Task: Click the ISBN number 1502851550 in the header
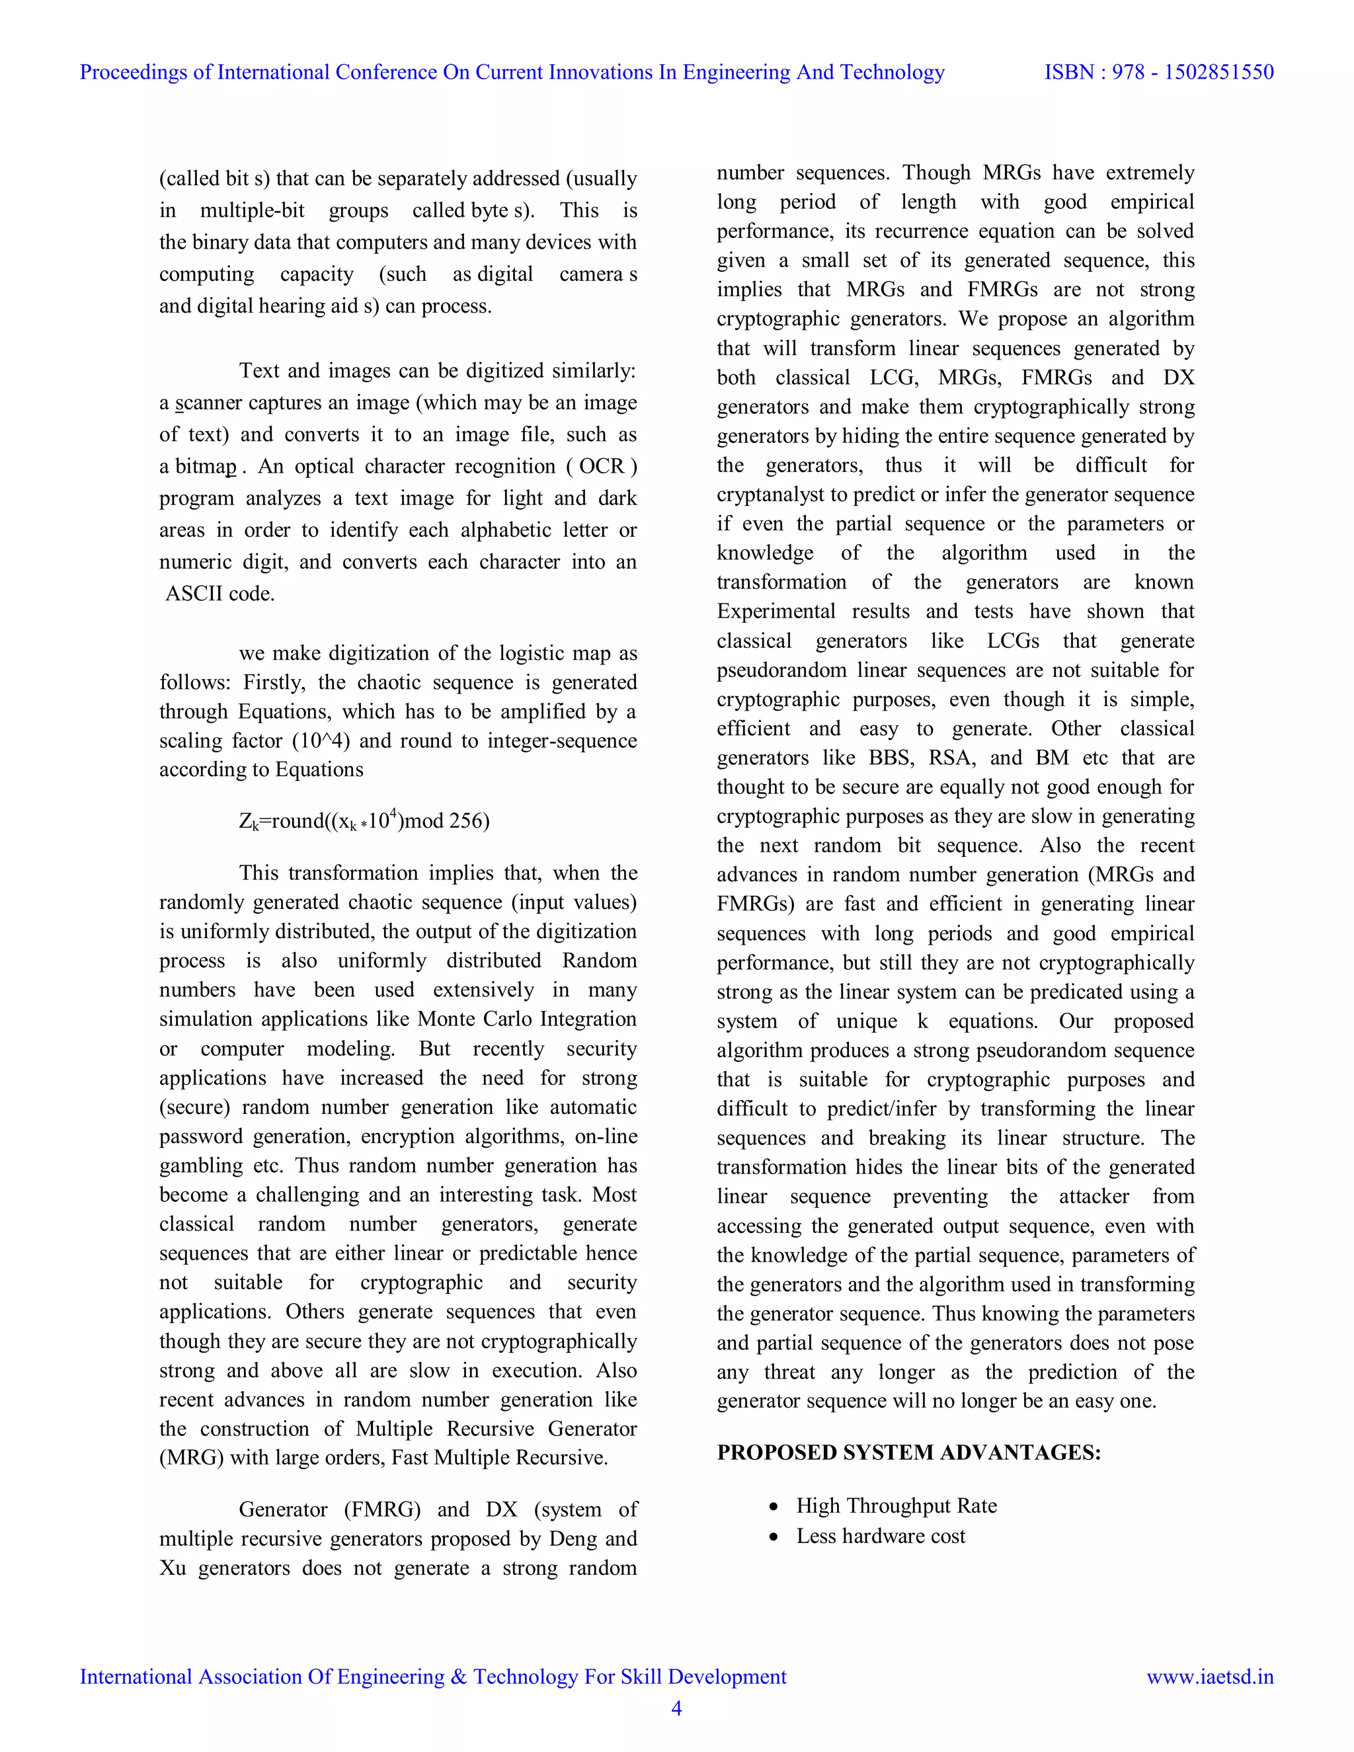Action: tap(1218, 72)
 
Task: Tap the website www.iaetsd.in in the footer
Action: tap(1210, 1677)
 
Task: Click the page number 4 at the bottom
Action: tap(676, 1708)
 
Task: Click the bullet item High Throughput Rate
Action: tap(896, 1505)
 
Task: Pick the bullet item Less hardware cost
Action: tap(880, 1536)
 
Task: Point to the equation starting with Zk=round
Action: tap(364, 820)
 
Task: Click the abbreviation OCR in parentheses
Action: tap(601, 466)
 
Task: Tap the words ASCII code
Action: tap(219, 594)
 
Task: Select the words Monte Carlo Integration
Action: tap(527, 1019)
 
